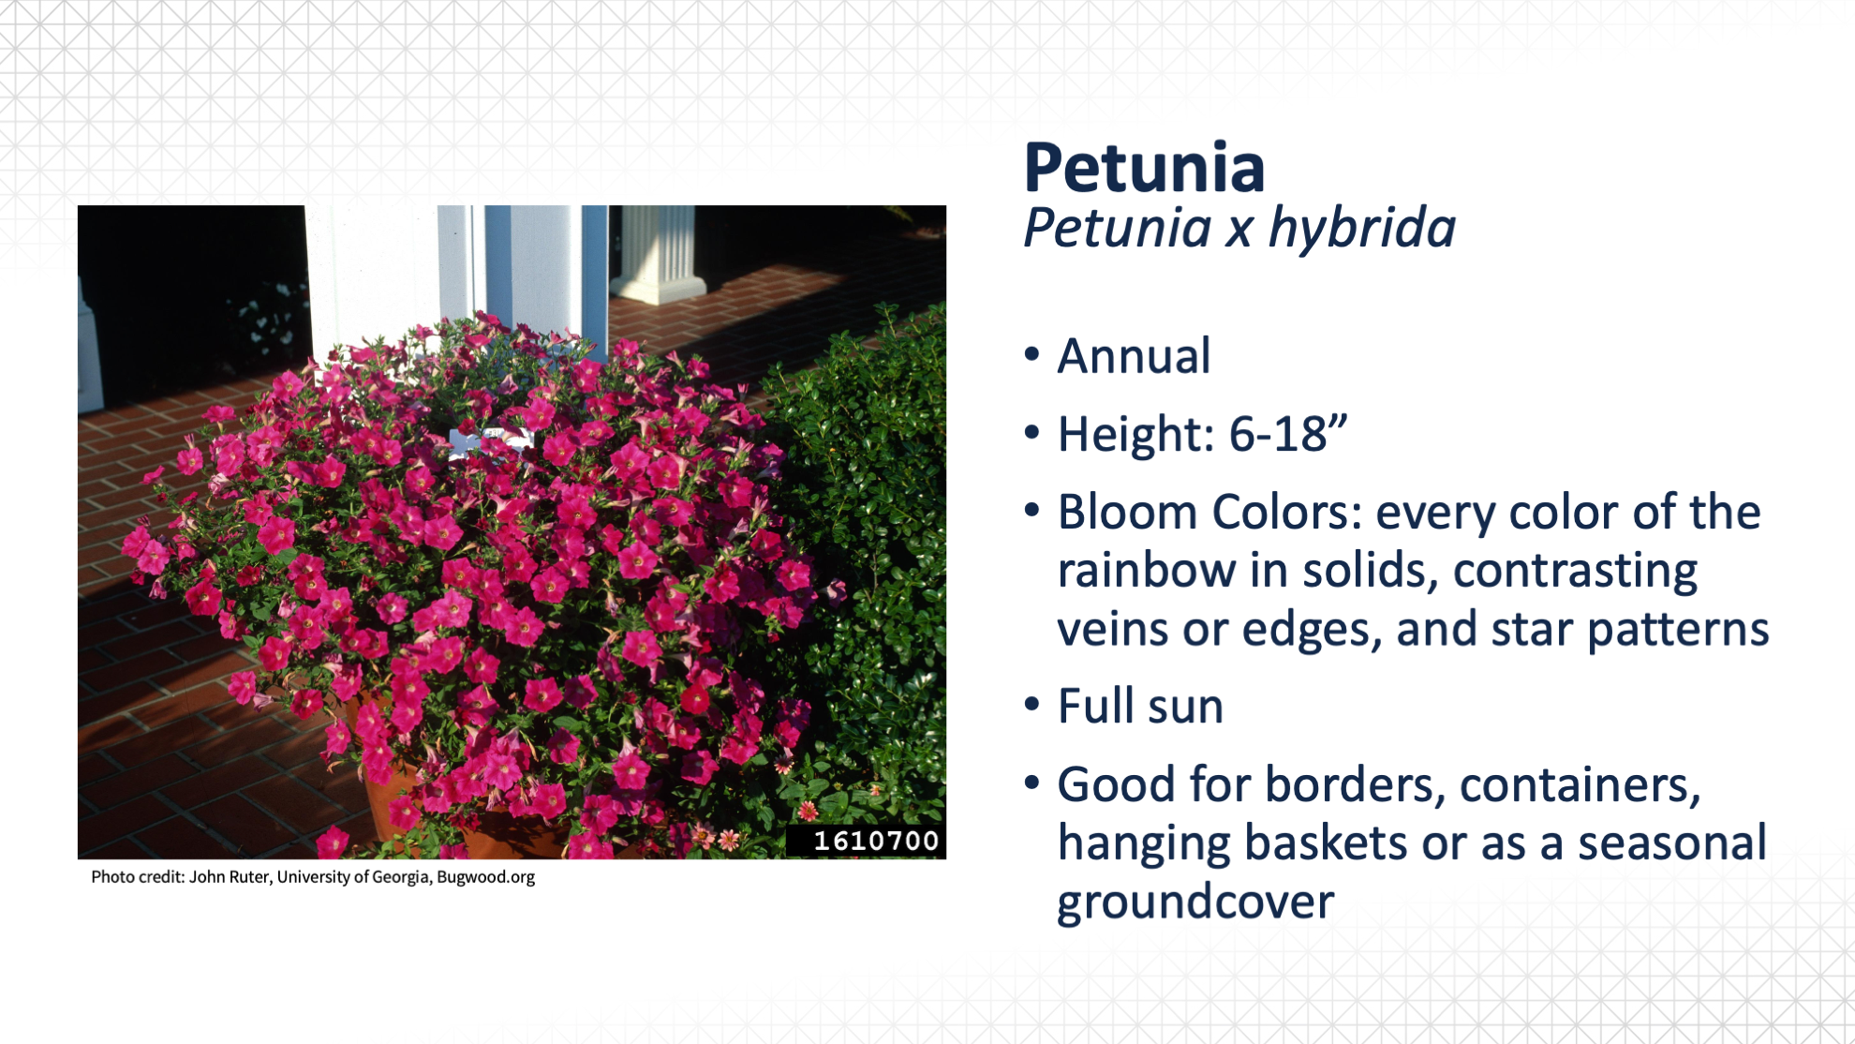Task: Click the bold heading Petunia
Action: (1144, 168)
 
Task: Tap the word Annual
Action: (1134, 356)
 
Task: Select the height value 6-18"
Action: (1287, 434)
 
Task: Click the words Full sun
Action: (1140, 706)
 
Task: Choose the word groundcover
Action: (1195, 902)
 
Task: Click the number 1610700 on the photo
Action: (876, 841)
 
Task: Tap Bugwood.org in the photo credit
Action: (485, 877)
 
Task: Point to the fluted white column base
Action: (660, 253)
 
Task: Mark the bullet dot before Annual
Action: (1032, 355)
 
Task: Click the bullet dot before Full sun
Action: (1032, 705)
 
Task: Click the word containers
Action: (1580, 784)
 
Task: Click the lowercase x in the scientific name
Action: (1238, 231)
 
